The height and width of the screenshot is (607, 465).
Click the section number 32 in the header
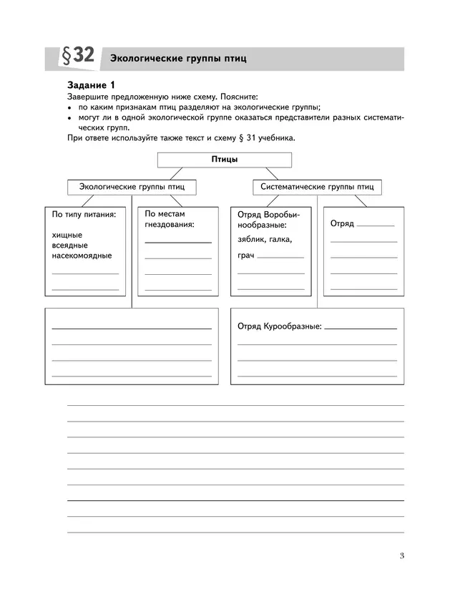pyautogui.click(x=82, y=57)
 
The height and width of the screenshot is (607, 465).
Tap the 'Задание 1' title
pyautogui.click(x=91, y=85)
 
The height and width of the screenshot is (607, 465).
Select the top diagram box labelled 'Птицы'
pyautogui.click(x=225, y=160)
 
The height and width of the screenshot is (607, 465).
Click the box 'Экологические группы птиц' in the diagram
pyautogui.click(x=132, y=187)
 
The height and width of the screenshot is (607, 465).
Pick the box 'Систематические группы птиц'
pyautogui.click(x=317, y=187)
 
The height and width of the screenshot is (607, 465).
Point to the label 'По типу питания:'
pyautogui.click(x=84, y=214)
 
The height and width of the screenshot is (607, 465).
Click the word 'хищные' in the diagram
pyautogui.click(x=67, y=234)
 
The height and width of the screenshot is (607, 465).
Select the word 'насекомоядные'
pyautogui.click(x=82, y=256)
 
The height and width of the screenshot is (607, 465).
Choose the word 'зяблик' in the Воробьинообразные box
pyautogui.click(x=251, y=240)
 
